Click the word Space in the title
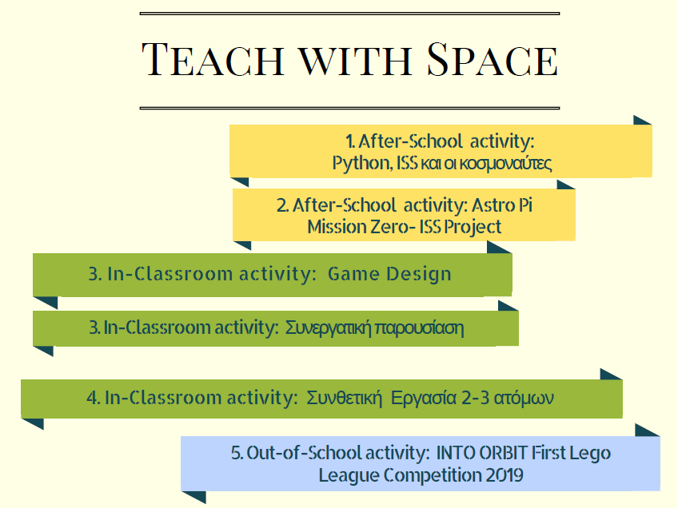(x=493, y=60)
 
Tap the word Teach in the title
(x=213, y=60)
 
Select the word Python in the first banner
(x=361, y=164)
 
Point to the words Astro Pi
(x=501, y=205)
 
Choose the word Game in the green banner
(x=353, y=274)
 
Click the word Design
(x=419, y=275)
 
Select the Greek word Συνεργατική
(x=328, y=328)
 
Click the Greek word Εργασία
(x=423, y=399)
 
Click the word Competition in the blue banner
(x=433, y=476)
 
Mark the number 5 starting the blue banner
(x=236, y=453)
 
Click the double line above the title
(x=349, y=14)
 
